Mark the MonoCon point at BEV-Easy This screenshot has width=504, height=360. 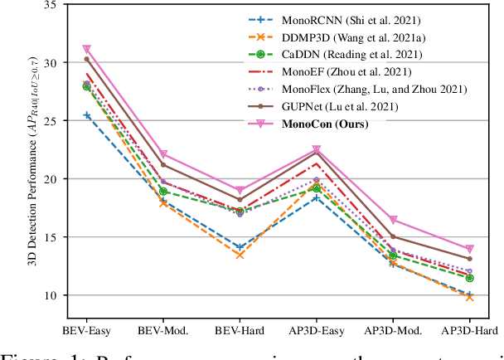coord(87,50)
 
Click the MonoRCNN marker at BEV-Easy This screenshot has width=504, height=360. coord(87,115)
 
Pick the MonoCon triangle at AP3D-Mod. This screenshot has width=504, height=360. coord(394,220)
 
